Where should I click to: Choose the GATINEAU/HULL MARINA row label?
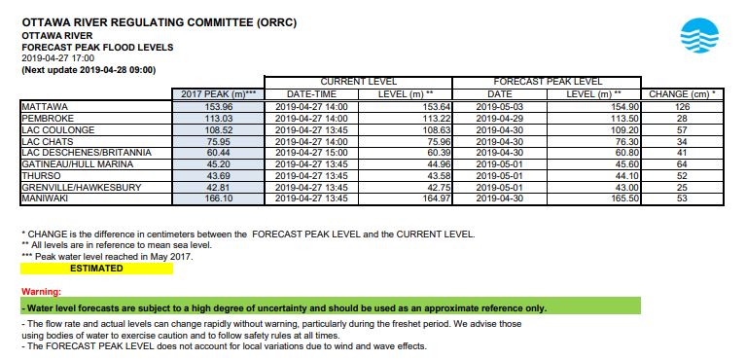point(76,164)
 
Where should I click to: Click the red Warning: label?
point(42,292)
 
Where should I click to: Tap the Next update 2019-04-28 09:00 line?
point(89,70)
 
